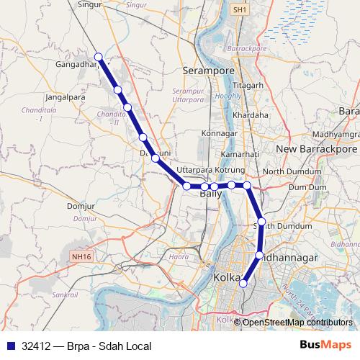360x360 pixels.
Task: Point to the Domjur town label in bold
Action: coord(80,207)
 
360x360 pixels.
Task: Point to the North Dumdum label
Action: coord(292,172)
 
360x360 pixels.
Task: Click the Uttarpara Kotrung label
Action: coord(211,170)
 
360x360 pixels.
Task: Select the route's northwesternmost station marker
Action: coord(98,57)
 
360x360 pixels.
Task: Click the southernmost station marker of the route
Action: coord(243,284)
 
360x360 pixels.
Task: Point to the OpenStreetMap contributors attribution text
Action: coord(296,323)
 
